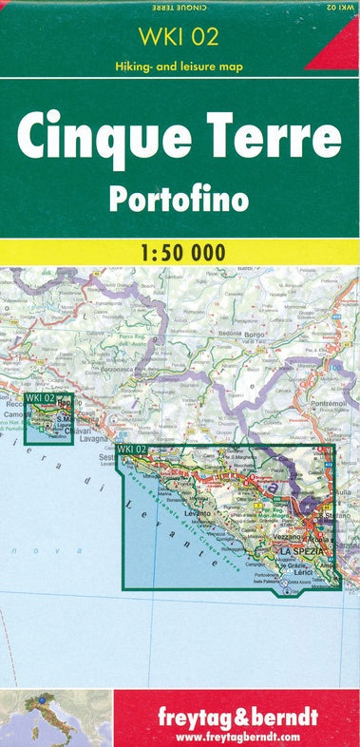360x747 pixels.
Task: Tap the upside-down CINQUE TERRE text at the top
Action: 179,7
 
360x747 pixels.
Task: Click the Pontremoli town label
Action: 327,402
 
